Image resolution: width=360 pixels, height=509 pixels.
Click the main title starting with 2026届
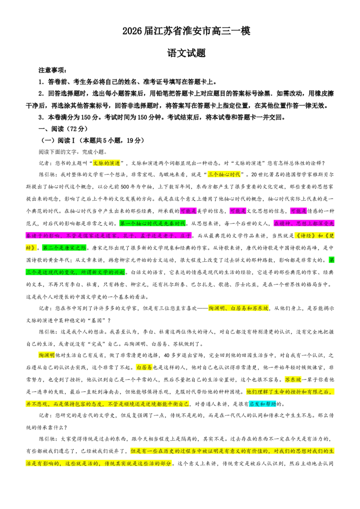[x=186, y=31]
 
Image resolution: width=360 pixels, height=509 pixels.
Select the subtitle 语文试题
[x=186, y=53]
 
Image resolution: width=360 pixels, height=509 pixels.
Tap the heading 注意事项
[x=52, y=70]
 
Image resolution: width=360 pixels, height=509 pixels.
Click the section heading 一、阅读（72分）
[x=63, y=129]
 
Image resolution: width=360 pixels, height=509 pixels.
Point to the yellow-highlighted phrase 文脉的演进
[x=106, y=163]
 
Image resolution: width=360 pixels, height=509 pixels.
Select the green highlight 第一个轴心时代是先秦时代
[x=153, y=223]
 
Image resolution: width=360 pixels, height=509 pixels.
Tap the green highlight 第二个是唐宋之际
[x=64, y=248]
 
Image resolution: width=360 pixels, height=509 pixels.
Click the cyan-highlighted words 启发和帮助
[x=262, y=404]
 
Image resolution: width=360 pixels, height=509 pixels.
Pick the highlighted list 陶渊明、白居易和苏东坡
[x=238, y=308]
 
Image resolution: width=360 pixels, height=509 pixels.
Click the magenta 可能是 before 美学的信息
[x=189, y=211]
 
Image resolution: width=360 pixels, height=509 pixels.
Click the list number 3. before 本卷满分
[x=41, y=117]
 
